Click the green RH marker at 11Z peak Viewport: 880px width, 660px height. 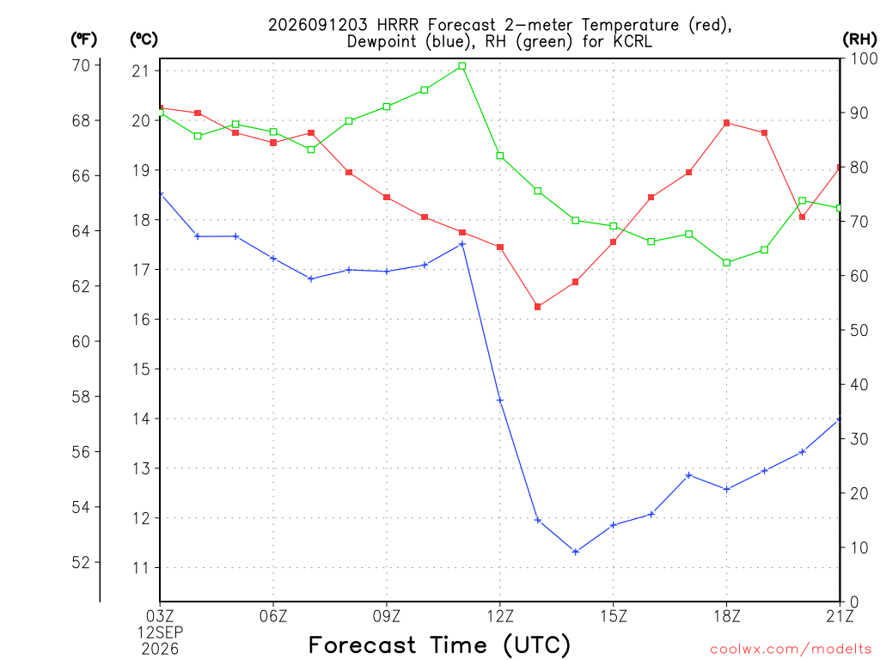(461, 66)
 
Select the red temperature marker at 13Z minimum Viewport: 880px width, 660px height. (538, 307)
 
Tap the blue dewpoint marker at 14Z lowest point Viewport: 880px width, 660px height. (575, 552)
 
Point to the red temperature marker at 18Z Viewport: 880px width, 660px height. (726, 123)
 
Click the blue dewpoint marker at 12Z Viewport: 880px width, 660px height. (500, 400)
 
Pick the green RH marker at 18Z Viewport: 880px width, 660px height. (726, 263)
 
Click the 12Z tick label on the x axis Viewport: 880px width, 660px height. (500, 616)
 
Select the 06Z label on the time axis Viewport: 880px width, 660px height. (273, 616)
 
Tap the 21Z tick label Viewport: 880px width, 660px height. (840, 616)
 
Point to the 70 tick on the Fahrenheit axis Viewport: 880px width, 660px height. (82, 65)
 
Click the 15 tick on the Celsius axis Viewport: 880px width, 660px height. (141, 370)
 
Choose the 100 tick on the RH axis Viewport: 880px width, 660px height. (865, 58)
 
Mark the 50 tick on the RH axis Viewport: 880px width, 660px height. (859, 330)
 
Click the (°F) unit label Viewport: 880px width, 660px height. (83, 40)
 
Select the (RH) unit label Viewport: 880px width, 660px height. (859, 40)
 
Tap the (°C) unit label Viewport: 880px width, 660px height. (144, 40)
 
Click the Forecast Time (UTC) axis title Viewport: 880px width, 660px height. (439, 645)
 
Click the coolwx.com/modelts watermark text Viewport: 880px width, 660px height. (791, 650)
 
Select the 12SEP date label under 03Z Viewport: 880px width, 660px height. (161, 632)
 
